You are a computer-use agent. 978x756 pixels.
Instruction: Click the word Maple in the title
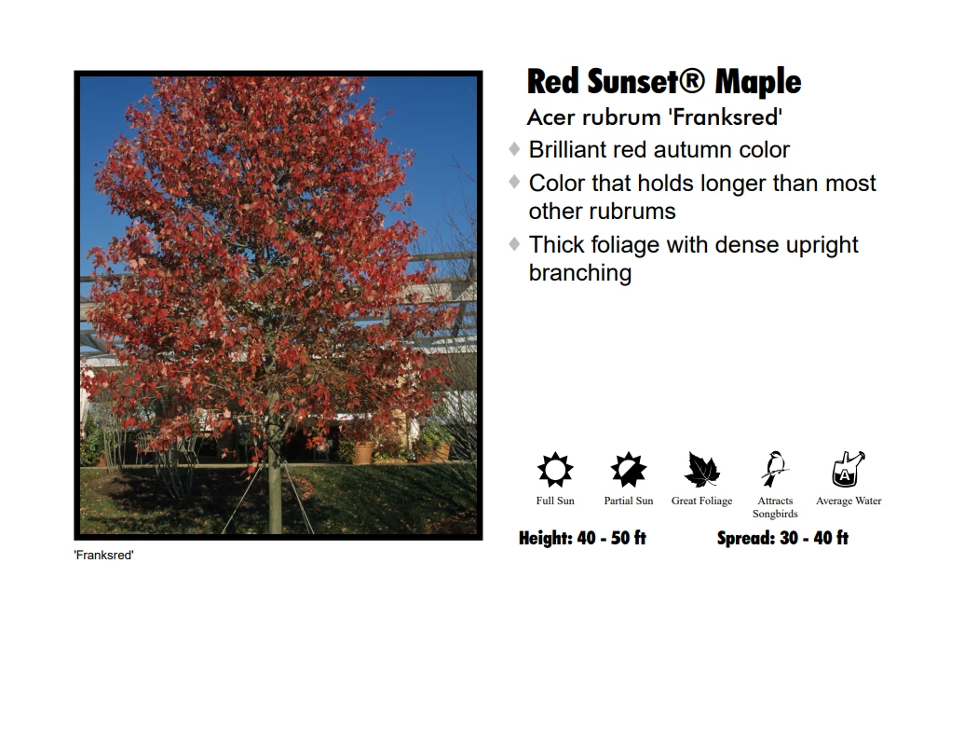click(x=757, y=82)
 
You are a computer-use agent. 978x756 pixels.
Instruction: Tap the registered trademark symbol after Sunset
click(x=691, y=81)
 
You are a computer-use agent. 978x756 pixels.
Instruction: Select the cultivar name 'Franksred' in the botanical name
click(x=727, y=117)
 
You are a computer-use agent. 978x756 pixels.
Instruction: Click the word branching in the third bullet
click(x=579, y=273)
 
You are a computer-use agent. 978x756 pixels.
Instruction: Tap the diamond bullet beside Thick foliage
click(x=514, y=244)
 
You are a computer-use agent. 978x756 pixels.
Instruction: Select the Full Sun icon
click(x=555, y=470)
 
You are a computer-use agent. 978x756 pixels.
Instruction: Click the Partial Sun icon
click(x=629, y=470)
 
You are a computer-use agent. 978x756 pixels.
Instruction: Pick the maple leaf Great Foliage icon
click(x=702, y=470)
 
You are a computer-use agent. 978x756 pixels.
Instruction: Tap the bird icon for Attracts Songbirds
click(x=774, y=469)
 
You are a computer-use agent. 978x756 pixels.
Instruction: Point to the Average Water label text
click(x=849, y=502)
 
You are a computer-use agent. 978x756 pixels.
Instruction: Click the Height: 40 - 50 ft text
click(x=582, y=538)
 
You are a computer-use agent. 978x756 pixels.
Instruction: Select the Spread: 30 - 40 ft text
click(x=782, y=538)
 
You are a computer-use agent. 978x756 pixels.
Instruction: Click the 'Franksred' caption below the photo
click(x=103, y=556)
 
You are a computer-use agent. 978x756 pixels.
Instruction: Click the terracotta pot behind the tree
click(x=361, y=453)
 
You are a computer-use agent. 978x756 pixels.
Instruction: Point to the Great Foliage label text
click(x=701, y=502)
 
